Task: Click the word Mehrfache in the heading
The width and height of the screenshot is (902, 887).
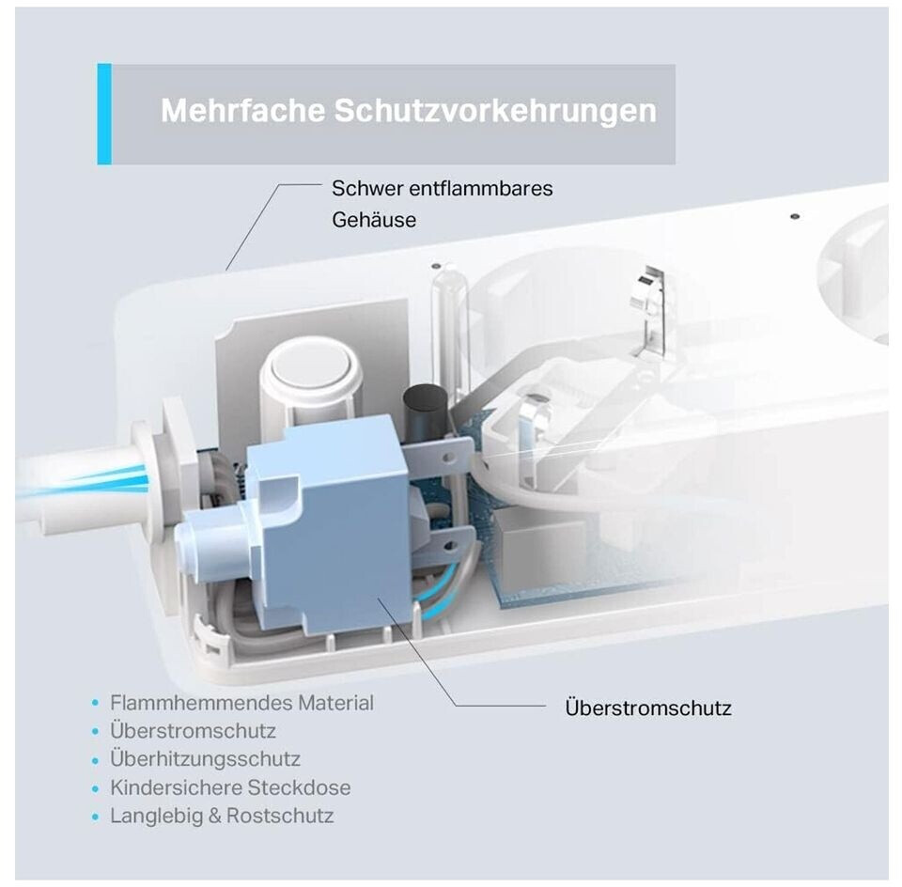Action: pyautogui.click(x=242, y=110)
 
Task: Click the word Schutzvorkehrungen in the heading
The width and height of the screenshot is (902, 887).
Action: pyautogui.click(x=495, y=111)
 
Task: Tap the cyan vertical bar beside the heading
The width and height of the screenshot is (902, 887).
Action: pyautogui.click(x=104, y=114)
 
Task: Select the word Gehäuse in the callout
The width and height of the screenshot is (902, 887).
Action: pyautogui.click(x=374, y=220)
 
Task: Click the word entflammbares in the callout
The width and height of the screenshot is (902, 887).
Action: pyautogui.click(x=481, y=189)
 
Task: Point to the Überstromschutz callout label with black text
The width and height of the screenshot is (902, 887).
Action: pyautogui.click(x=648, y=708)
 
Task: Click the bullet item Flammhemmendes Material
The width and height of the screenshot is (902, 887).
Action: pyautogui.click(x=241, y=703)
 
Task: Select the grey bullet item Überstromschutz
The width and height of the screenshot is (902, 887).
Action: pyautogui.click(x=193, y=731)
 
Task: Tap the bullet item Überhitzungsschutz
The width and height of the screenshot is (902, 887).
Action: pyautogui.click(x=205, y=759)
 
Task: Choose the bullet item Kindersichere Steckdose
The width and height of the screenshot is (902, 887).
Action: pyautogui.click(x=230, y=787)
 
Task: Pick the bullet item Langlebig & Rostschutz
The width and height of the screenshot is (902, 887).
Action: pyautogui.click(x=222, y=816)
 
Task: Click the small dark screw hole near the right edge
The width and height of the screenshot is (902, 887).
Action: pyautogui.click(x=795, y=217)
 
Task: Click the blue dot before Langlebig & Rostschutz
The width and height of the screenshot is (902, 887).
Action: pyautogui.click(x=96, y=817)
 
